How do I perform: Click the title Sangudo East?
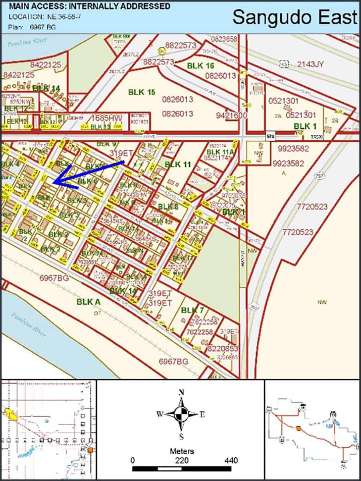click(x=294, y=18)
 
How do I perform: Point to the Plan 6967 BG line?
click(x=32, y=27)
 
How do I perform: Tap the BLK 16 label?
click(x=201, y=66)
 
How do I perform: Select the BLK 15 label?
click(x=142, y=92)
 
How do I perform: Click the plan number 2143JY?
click(x=312, y=64)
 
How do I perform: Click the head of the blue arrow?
click(x=55, y=183)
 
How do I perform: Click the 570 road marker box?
click(x=270, y=137)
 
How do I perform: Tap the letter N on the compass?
click(x=181, y=392)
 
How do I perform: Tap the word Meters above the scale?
click(x=182, y=451)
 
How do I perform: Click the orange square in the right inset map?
click(x=298, y=428)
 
